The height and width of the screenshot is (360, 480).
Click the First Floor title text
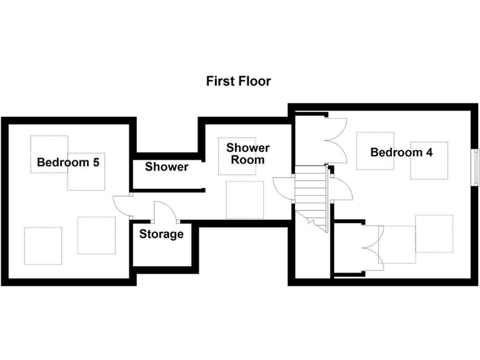[238, 81]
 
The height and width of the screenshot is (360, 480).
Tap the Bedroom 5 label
[68, 162]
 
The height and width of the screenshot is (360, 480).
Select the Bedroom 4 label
[401, 152]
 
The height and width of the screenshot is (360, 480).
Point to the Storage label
[161, 234]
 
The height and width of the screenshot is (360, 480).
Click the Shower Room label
[247, 154]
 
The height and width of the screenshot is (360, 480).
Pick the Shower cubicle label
[166, 167]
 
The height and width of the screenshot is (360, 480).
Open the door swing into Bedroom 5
[121, 206]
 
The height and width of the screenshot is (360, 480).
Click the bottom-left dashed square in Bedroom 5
[43, 246]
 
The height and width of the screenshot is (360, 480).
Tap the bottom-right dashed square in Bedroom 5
[96, 235]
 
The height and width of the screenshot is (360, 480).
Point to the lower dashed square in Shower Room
[244, 200]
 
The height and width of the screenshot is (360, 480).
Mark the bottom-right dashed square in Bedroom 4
[434, 233]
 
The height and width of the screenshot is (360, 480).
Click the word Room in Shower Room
[247, 160]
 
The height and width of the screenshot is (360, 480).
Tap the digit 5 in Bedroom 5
[96, 162]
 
